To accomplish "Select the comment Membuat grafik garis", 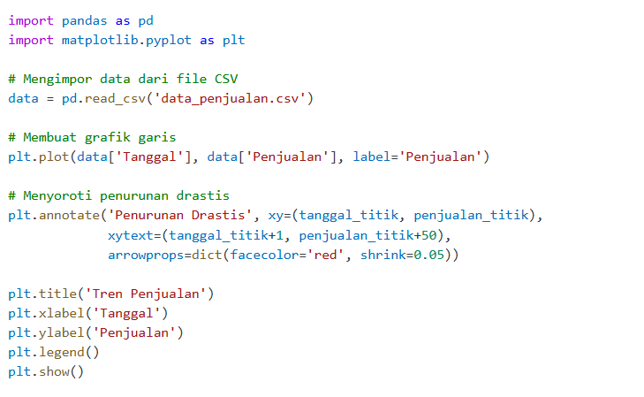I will (93, 137).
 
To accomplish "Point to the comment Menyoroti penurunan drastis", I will (119, 195).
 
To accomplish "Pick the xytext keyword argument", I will (130, 235).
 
